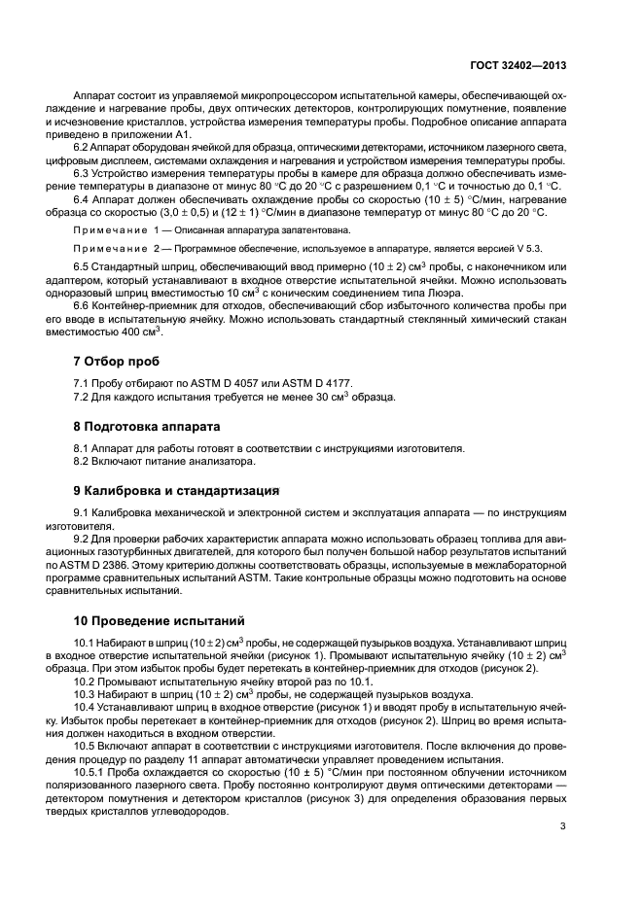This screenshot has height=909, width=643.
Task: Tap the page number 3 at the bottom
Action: pos(563,826)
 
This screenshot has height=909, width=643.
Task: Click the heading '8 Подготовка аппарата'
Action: pos(148,426)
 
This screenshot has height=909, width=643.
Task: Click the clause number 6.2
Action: pos(85,147)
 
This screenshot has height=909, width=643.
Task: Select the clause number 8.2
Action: pos(85,461)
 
